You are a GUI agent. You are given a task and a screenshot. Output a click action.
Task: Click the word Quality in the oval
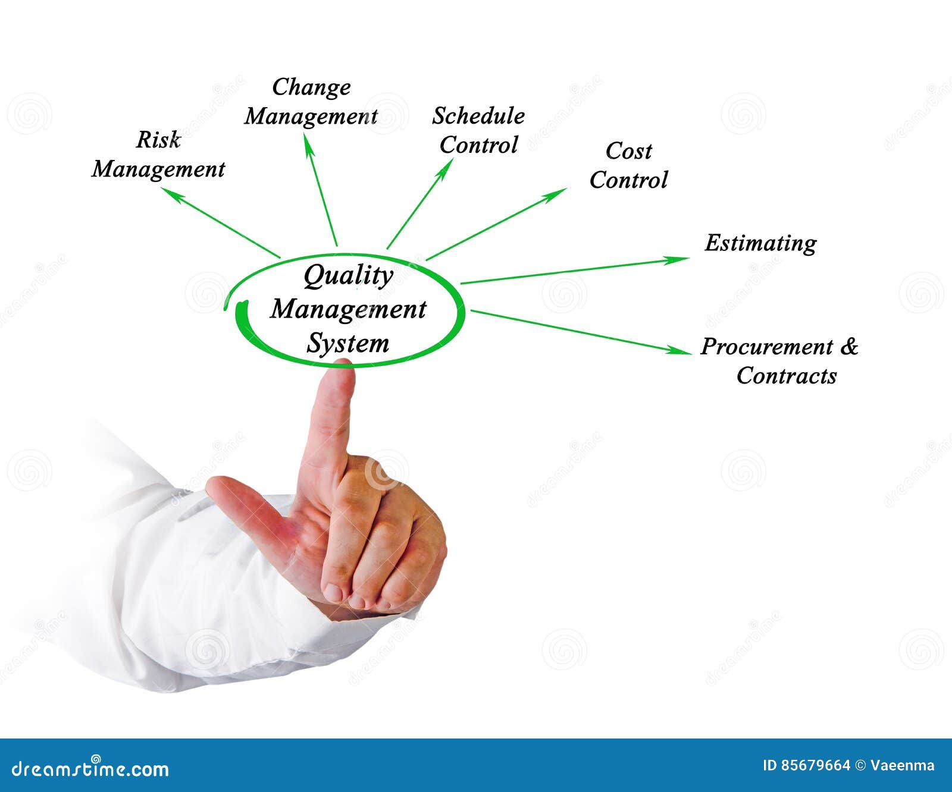click(348, 276)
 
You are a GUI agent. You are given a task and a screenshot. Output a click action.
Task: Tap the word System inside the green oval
click(347, 344)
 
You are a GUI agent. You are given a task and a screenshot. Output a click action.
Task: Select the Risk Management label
click(158, 155)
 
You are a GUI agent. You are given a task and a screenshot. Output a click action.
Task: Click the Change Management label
click(311, 102)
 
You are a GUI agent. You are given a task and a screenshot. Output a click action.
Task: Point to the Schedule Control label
click(478, 130)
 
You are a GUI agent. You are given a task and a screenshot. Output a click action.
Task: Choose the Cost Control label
click(628, 165)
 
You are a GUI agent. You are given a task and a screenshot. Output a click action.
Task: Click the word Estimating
click(760, 243)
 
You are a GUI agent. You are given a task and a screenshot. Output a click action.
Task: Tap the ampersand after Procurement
click(849, 346)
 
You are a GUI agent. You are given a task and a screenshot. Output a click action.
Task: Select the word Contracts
click(786, 376)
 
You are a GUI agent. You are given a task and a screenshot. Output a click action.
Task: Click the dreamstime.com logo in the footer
click(90, 768)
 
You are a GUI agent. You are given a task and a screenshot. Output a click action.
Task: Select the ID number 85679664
click(815, 765)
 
